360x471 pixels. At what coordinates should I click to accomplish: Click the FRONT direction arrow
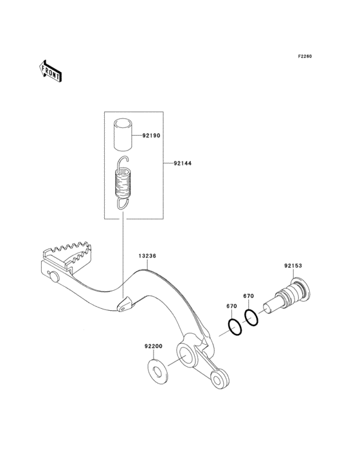[50, 71]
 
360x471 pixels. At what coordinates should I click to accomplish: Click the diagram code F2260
[305, 56]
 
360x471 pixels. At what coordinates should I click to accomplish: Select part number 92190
[151, 136]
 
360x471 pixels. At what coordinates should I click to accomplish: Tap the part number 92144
[183, 163]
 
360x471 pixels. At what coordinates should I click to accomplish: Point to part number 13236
[147, 256]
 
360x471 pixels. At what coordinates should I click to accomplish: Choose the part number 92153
[293, 266]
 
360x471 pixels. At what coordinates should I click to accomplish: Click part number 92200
[153, 346]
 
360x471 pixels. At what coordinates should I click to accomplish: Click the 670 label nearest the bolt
[248, 296]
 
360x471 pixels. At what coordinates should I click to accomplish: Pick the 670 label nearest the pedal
[231, 306]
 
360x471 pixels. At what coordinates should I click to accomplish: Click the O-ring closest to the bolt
[251, 318]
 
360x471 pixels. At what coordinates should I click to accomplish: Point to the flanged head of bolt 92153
[301, 290]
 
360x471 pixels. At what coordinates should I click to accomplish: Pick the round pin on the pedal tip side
[54, 277]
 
